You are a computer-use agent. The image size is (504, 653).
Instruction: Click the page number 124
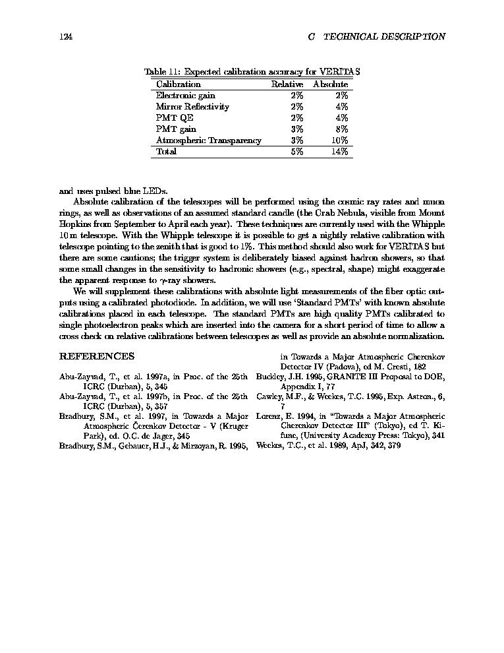point(65,37)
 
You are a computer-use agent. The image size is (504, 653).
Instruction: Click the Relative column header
point(287,84)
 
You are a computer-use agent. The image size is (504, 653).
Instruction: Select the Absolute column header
point(331,84)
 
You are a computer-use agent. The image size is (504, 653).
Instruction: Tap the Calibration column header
point(179,84)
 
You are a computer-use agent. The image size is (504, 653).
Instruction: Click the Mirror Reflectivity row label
point(192,107)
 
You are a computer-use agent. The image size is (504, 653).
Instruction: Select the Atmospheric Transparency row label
point(209,140)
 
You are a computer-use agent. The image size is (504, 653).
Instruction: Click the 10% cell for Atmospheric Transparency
point(339,140)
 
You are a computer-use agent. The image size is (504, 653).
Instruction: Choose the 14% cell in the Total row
point(339,152)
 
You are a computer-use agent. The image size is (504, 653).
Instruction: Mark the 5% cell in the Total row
point(296,152)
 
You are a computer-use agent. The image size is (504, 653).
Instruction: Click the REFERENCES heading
point(97,356)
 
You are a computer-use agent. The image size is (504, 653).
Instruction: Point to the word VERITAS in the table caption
point(339,72)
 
